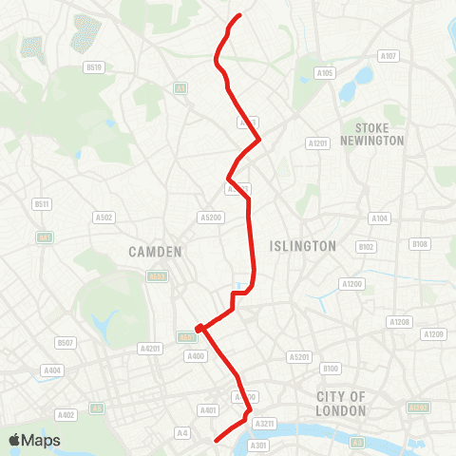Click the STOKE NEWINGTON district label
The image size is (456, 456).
pos(379,134)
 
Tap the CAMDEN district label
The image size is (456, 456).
pos(150,252)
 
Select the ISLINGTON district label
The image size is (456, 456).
pos(303,246)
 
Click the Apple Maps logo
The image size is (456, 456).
pos(34,440)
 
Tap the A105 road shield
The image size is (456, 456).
pos(325,73)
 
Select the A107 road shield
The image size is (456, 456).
pos(388,56)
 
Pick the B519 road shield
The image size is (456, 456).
pos(93,67)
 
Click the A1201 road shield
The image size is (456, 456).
pos(317,142)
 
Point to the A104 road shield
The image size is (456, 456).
pos(379,218)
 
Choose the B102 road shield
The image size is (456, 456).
pos(366,247)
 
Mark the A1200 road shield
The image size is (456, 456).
pos(352,284)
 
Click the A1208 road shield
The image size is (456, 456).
pos(399,323)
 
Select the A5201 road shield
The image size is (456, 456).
pos(299,357)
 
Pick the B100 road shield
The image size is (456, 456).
pos(331,369)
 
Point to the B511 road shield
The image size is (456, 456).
pos(41,204)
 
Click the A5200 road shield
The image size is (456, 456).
pos(210,218)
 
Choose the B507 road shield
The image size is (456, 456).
pos(65,342)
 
